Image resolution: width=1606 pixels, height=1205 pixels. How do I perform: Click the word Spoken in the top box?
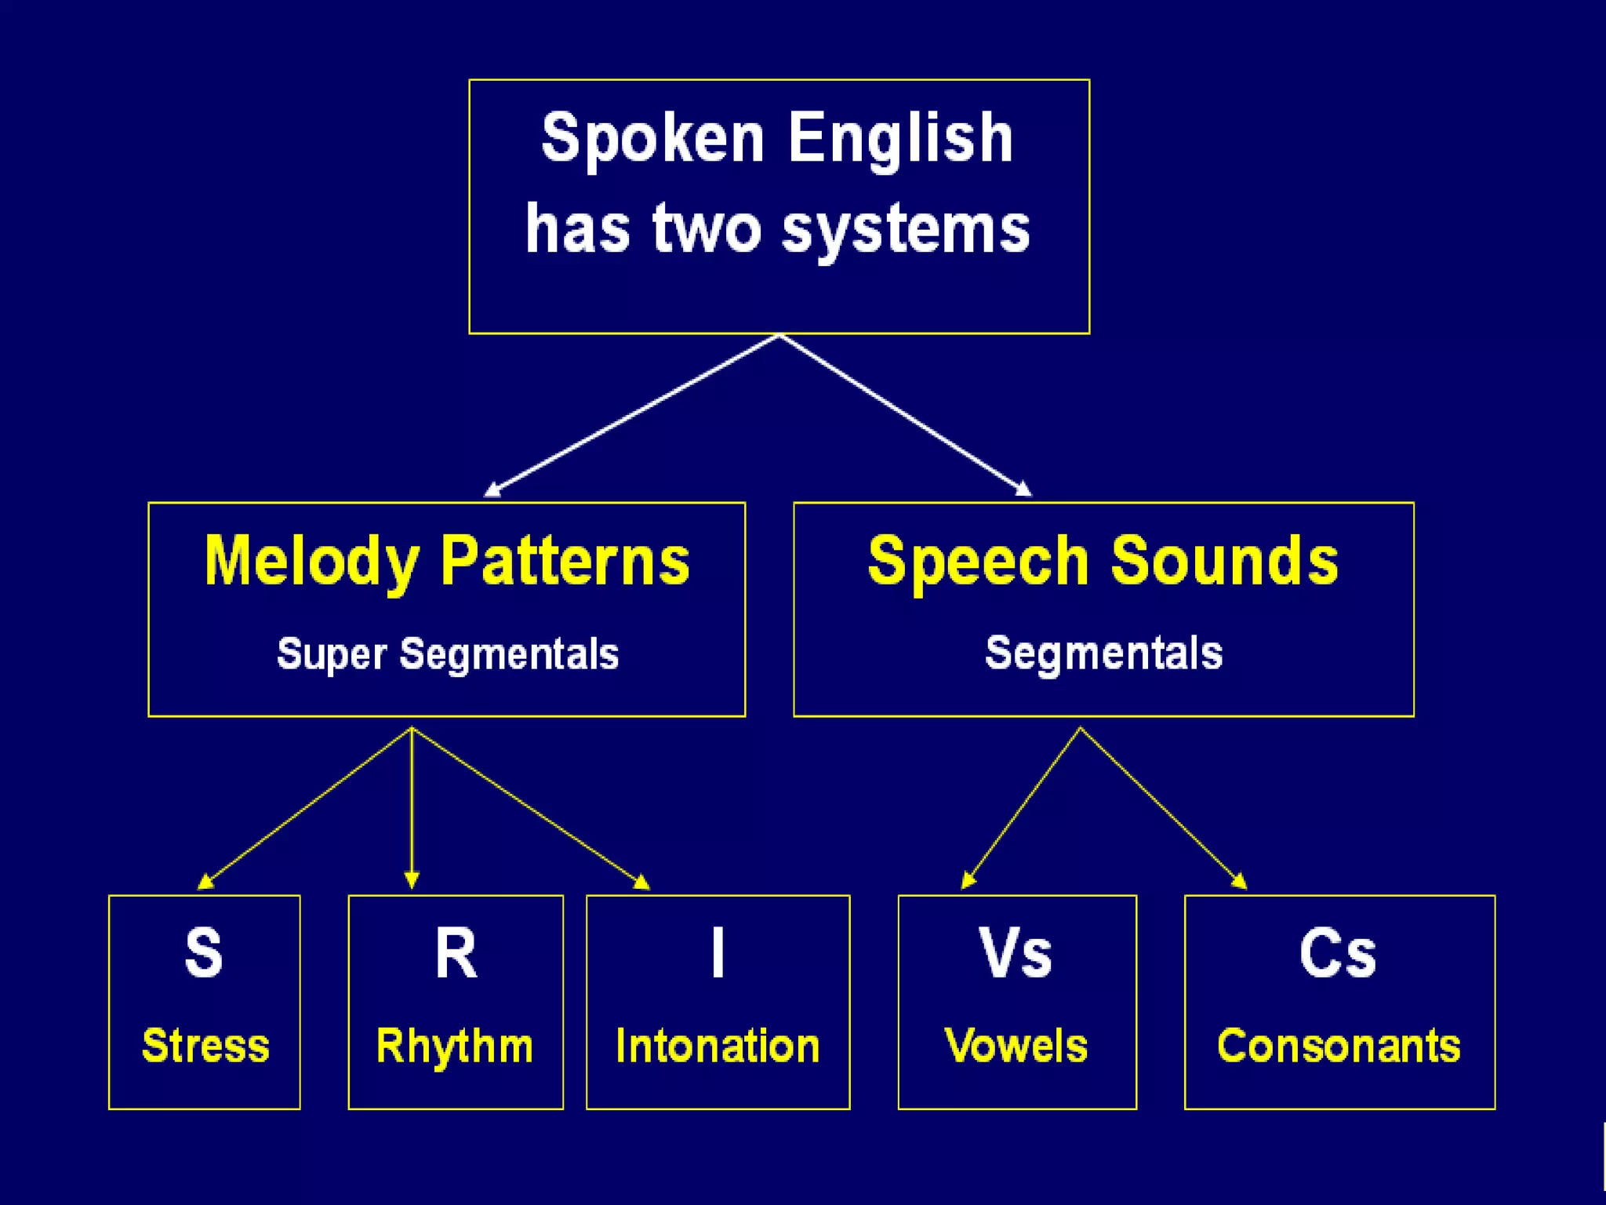click(652, 139)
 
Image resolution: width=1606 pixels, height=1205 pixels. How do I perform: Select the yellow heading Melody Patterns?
click(447, 561)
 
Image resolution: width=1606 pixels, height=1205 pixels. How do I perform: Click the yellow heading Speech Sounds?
click(1103, 561)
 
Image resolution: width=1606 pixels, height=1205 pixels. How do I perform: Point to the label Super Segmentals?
click(448, 653)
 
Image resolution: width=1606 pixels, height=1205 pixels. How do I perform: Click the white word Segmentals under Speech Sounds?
click(1103, 653)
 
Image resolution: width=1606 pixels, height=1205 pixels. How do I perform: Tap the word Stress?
click(205, 1046)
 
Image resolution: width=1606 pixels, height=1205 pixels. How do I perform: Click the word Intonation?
click(718, 1046)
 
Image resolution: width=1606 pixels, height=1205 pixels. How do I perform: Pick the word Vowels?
click(1016, 1046)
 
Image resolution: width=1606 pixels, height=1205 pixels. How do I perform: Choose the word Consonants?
click(1339, 1046)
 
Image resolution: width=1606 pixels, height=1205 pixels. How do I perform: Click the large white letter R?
click(456, 953)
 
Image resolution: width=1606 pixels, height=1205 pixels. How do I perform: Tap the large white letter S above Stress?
click(204, 953)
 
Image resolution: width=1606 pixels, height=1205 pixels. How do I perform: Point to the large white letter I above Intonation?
click(718, 953)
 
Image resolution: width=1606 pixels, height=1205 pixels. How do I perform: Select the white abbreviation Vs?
click(1016, 953)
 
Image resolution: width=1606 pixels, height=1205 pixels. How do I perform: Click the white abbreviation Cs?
click(1338, 953)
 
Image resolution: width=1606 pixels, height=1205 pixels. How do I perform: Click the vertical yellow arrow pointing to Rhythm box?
click(412, 808)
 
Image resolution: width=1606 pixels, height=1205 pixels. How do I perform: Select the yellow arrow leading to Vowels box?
click(1021, 808)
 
